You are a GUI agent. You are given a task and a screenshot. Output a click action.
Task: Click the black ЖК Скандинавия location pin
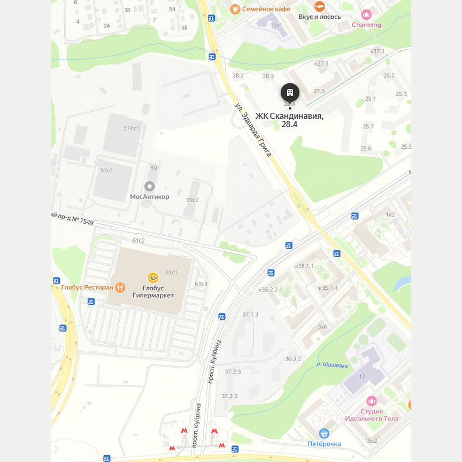[290, 93]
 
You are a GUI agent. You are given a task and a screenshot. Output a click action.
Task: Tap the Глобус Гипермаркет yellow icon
[153, 278]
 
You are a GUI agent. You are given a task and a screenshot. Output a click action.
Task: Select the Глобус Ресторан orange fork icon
[120, 288]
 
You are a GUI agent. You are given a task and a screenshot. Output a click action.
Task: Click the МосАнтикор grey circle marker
[150, 186]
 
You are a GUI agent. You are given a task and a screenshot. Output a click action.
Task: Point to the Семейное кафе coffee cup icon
[235, 9]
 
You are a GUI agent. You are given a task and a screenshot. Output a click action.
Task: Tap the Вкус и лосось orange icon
[319, 6]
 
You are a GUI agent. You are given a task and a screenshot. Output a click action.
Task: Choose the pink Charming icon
[366, 15]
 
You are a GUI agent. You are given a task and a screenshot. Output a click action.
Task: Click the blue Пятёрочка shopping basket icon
[324, 433]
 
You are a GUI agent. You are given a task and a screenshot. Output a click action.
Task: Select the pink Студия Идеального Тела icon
[371, 401]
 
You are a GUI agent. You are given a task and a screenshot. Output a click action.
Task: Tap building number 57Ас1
[132, 128]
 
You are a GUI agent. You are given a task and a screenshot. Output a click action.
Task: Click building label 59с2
[192, 200]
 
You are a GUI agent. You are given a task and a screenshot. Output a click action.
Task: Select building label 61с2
[138, 241]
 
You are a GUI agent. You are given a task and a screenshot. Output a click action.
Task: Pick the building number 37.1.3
[250, 314]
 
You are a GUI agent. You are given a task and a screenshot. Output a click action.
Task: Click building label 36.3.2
[293, 359]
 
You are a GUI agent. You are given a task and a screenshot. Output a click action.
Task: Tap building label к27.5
[321, 64]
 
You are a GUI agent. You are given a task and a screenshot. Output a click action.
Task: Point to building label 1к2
[390, 214]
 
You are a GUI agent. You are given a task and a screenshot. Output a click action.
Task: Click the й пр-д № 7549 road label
[72, 218]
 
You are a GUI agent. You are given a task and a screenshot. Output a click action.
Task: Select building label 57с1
[106, 171]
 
